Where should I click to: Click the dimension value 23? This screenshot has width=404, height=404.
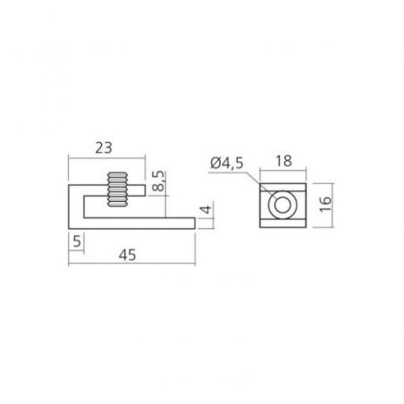104,147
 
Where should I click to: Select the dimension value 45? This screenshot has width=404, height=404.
127,256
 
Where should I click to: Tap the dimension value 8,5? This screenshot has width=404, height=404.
158,181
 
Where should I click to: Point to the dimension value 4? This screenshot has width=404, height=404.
206,209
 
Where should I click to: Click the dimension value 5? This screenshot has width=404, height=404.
77,241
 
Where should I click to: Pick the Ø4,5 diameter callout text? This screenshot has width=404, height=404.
227,163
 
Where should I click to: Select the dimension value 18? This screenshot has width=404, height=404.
283,161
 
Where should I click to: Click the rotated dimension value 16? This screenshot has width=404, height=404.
325,204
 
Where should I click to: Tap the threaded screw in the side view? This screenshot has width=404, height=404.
117,189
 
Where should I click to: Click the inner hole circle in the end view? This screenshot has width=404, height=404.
282,206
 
